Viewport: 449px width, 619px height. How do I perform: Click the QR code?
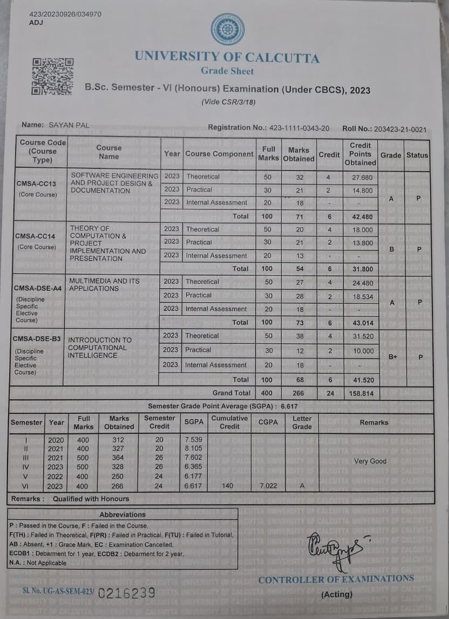pos(52,77)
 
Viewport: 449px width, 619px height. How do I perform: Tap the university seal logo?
pos(227,29)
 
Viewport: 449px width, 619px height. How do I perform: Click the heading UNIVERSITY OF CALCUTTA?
pos(227,57)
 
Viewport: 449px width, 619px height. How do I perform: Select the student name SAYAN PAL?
pos(69,125)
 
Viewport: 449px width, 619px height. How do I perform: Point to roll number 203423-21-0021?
pos(399,129)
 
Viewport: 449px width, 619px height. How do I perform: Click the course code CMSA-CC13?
pos(36,183)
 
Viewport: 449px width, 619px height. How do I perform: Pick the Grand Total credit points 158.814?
pos(360,393)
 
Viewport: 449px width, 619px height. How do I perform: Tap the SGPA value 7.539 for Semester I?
pos(193,440)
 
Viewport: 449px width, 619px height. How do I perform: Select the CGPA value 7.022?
pos(268,486)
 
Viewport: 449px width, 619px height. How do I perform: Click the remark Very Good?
pos(370,461)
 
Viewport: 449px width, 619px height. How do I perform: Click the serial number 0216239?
pos(127,593)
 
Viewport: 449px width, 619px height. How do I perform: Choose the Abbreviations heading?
pos(123,514)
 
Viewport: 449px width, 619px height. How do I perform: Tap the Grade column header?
pos(391,155)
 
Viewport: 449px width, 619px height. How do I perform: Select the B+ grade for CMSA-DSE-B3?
pos(392,357)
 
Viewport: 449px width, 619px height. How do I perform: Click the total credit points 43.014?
pos(360,323)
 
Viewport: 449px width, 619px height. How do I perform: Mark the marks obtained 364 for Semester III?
pos(118,458)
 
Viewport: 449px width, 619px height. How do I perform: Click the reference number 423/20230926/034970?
pos(65,14)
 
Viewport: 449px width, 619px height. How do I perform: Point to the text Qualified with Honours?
pos(91,499)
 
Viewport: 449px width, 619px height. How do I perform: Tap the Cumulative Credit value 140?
pos(227,486)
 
